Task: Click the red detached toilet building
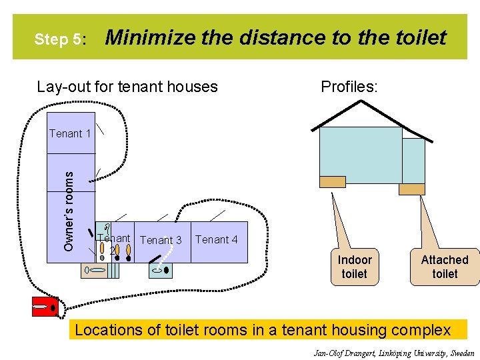point(44,309)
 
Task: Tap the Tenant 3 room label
point(161,240)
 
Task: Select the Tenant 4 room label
point(216,239)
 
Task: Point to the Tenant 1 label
point(70,133)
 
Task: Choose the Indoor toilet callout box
point(354,267)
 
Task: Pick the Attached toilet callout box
point(445,267)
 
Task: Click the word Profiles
point(349,87)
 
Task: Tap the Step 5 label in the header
point(60,39)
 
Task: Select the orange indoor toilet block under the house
point(333,181)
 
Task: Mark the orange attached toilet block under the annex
point(411,189)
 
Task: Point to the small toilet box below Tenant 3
point(160,270)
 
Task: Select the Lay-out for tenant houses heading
point(127,87)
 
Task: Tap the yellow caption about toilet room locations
point(267,329)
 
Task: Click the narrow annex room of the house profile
point(413,160)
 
